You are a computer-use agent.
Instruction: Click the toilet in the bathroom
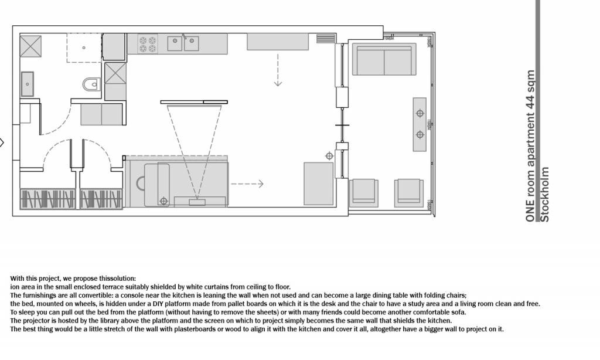pos(91,84)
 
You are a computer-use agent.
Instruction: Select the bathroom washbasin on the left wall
pos(27,84)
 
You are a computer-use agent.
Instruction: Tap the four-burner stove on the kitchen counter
pos(148,44)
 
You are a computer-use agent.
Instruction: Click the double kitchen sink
pos(183,43)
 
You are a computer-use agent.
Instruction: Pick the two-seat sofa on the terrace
pos(384,59)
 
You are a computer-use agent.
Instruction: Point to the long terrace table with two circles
pos(420,124)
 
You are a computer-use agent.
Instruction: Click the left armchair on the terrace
pos(363,193)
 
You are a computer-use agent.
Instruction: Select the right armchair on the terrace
pos(409,193)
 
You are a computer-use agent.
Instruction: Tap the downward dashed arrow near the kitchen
pos(278,70)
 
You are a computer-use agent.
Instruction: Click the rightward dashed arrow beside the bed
pos(247,184)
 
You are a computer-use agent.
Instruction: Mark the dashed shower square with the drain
pos(84,48)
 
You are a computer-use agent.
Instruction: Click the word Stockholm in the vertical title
pos(544,194)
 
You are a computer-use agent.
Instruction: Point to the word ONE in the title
pos(530,210)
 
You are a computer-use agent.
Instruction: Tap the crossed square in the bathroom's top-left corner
pos(30,46)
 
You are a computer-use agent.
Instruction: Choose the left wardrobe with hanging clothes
pos(47,199)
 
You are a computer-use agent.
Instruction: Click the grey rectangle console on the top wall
pos(277,42)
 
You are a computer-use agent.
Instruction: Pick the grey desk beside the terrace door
pos(318,184)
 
